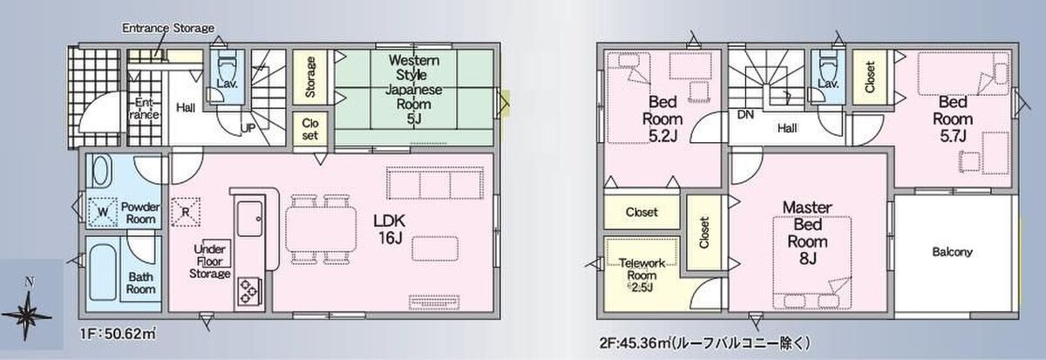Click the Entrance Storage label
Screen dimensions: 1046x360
point(168,28)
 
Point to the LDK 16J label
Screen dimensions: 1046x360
point(390,229)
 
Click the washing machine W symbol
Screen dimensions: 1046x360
point(102,213)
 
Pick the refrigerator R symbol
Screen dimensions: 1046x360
point(186,213)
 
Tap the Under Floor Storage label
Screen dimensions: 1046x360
point(210,262)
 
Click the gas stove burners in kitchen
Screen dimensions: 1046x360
point(248,291)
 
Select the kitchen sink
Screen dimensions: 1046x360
point(250,219)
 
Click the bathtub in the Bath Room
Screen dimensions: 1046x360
point(103,272)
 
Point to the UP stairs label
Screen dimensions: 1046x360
point(248,127)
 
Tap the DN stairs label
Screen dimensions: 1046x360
point(745,114)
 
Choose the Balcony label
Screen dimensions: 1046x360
point(952,252)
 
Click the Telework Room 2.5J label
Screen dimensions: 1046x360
point(642,275)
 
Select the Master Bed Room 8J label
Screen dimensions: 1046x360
point(807,233)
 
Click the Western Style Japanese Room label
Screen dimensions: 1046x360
point(414,89)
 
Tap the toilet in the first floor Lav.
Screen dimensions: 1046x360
point(227,70)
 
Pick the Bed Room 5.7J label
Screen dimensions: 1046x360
point(953,119)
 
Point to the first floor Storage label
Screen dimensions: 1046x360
point(309,77)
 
